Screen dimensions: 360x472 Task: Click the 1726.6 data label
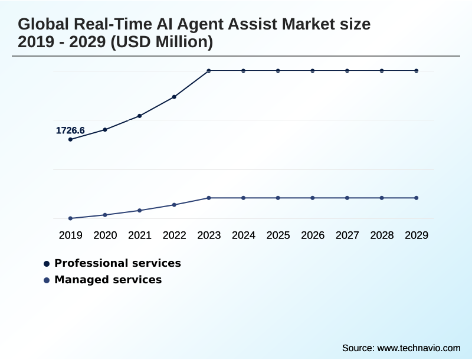pos(70,130)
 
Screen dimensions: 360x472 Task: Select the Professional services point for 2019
pos(70,139)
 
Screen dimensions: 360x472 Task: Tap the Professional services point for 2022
pos(174,97)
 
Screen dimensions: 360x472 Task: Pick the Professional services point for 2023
pos(209,71)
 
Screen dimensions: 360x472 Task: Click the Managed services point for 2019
pos(70,218)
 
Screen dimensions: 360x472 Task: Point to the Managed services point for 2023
pos(209,198)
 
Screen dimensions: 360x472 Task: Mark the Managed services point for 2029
pos(417,198)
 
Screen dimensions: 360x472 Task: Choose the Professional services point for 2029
pos(417,71)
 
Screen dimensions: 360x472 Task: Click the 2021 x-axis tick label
pos(140,235)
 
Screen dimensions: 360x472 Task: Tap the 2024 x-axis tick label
pos(244,235)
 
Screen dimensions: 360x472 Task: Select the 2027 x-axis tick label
pos(348,235)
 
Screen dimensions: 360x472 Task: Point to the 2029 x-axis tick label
pos(417,235)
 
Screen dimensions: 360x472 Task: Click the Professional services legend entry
pos(117,263)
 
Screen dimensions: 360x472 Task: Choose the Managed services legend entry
pos(108,280)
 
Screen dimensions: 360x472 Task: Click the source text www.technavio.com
pos(419,348)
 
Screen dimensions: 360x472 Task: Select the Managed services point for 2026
pos(313,198)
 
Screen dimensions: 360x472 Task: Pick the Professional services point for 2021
pos(140,116)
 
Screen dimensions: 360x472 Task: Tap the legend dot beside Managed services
pos(47,280)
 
